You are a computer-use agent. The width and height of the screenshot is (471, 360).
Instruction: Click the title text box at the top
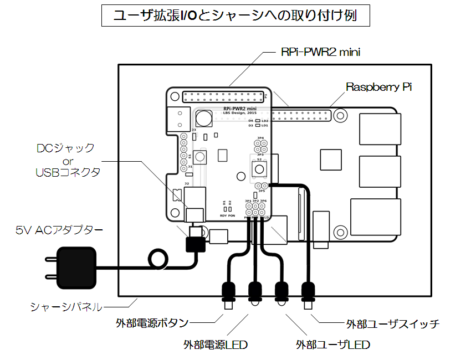[x=235, y=16]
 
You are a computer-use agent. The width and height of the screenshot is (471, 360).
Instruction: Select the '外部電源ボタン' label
[x=152, y=322]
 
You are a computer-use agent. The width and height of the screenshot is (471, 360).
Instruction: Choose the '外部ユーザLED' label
[x=332, y=344]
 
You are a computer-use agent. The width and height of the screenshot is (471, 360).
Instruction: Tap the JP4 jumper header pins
[x=259, y=146]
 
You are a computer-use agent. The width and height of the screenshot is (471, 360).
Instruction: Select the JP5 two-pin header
[x=262, y=187]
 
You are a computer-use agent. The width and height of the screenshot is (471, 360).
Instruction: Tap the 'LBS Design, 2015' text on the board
[x=240, y=114]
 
